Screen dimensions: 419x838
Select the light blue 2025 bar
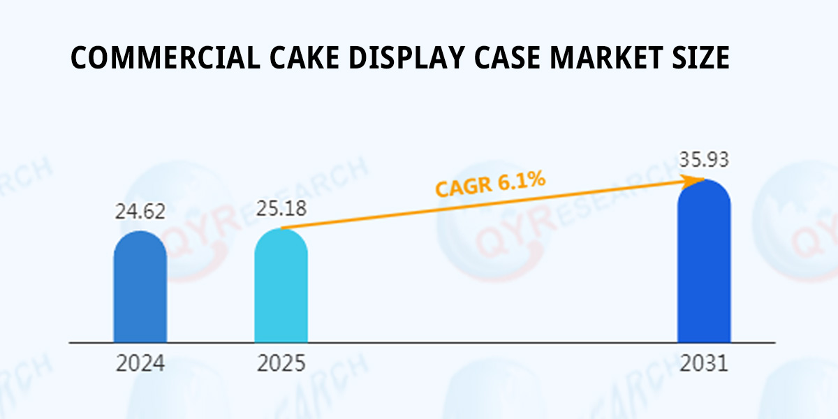pos(281,286)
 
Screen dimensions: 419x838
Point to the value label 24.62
pos(140,211)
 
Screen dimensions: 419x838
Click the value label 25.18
pos(281,208)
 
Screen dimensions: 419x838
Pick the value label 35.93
pos(704,160)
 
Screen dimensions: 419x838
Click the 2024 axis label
pos(140,364)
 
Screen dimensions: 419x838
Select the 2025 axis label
pos(281,364)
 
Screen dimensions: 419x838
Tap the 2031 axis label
pos(704,364)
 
